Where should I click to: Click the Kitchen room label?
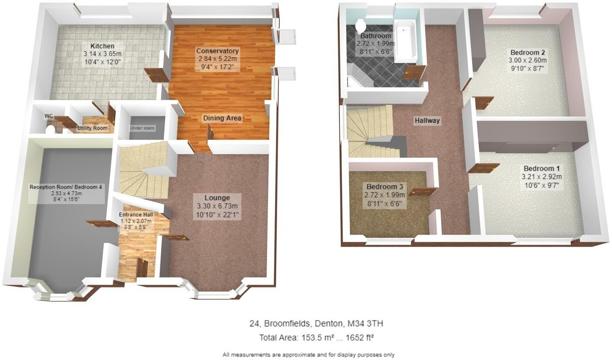[x=102, y=46]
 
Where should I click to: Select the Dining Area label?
[x=222, y=118]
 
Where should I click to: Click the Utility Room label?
[x=92, y=128]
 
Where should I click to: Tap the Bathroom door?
[x=414, y=73]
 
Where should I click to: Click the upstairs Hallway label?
[x=427, y=121]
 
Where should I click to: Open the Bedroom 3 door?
[x=423, y=191]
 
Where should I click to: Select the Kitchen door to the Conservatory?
[x=156, y=75]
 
